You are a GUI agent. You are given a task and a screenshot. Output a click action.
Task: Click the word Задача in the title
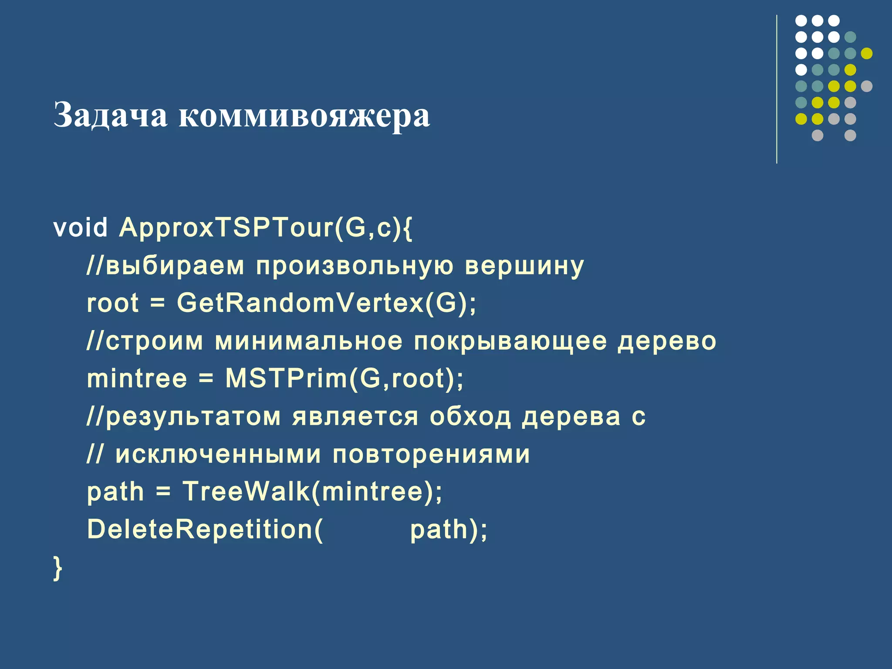(x=110, y=115)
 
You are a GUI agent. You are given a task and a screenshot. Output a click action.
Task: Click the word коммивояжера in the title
(x=304, y=115)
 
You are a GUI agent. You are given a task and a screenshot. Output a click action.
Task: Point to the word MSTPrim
(x=286, y=378)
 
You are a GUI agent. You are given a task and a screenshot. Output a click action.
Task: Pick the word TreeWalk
(x=246, y=491)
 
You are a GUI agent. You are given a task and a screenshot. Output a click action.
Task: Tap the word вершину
(x=524, y=266)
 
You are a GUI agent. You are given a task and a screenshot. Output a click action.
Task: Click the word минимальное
(x=309, y=341)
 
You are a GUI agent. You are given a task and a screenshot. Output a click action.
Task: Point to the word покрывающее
(x=510, y=341)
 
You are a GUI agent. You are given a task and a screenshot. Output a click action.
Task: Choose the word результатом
(x=193, y=417)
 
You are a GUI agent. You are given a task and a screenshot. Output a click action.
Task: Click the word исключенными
(x=218, y=454)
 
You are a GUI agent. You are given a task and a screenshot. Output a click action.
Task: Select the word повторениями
(x=431, y=454)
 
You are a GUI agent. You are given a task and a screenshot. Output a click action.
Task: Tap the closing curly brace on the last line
(x=57, y=568)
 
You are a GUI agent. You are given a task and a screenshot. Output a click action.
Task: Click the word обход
(x=470, y=416)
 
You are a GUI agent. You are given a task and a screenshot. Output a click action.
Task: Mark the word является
(x=355, y=417)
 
